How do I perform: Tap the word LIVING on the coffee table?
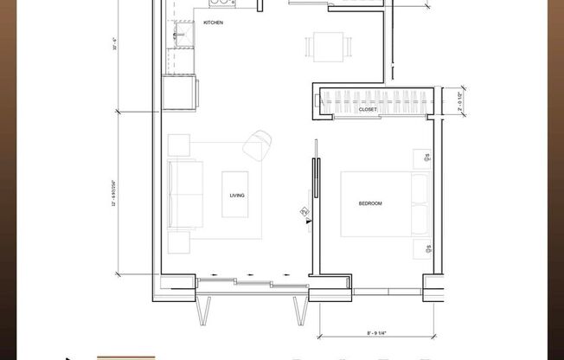[237, 196]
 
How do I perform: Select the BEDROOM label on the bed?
[370, 203]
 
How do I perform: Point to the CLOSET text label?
[368, 110]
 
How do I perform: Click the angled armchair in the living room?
[257, 144]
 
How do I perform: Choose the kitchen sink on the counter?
[184, 35]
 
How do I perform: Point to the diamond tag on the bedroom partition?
[304, 210]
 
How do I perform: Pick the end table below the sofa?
[179, 242]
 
